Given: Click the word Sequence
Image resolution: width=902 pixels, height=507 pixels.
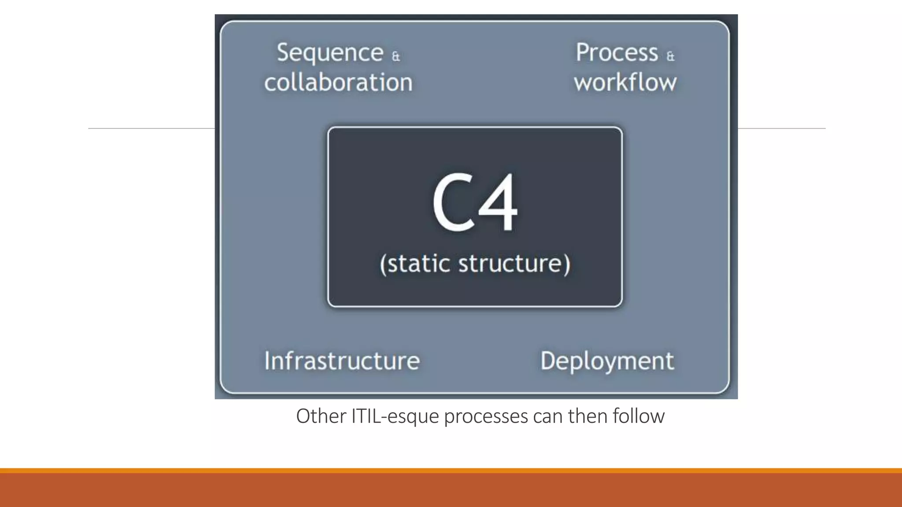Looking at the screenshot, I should (x=330, y=53).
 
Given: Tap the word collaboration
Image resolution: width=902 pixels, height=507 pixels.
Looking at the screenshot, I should (x=338, y=82).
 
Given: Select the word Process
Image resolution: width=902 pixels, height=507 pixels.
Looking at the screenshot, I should (x=617, y=53).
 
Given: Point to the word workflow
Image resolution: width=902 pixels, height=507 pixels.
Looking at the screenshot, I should (x=625, y=82).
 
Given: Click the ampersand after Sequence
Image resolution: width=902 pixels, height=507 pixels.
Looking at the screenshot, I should (x=396, y=56).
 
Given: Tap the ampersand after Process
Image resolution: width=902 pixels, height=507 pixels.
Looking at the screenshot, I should (x=670, y=56).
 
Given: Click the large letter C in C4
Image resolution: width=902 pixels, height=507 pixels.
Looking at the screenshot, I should (x=452, y=202).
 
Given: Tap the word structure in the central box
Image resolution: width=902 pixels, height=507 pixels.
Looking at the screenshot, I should (x=513, y=263).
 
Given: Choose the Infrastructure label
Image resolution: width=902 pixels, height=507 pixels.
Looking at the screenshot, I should (x=342, y=361).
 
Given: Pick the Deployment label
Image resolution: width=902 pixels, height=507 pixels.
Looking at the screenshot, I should (x=607, y=361).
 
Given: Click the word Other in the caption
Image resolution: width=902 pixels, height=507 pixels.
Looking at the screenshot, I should (x=321, y=416).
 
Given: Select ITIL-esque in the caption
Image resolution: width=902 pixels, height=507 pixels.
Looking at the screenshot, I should (x=395, y=416).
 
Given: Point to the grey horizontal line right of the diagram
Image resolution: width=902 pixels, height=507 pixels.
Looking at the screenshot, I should (x=781, y=129).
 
